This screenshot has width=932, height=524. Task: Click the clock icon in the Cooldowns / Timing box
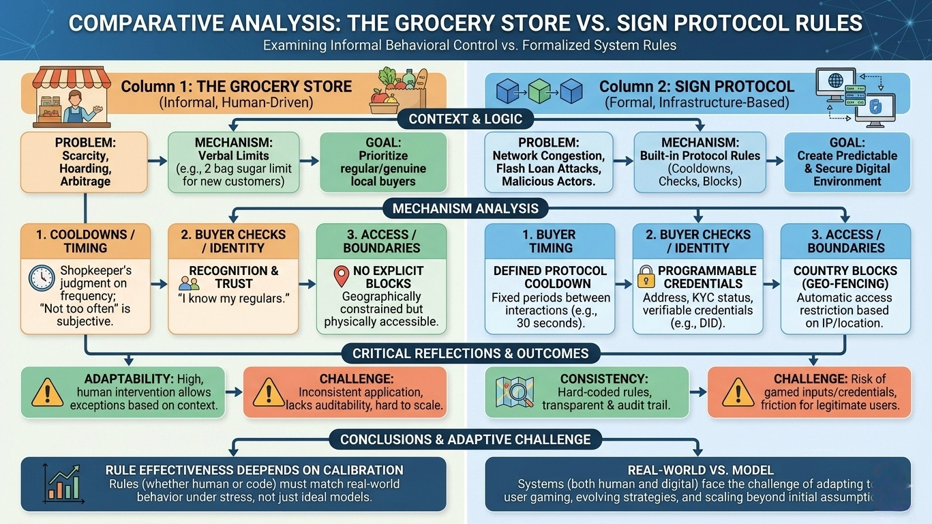(42, 278)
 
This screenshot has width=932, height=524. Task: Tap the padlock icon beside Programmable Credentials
(645, 276)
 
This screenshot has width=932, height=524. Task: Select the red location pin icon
(341, 276)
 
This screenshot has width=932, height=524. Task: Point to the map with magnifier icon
(511, 392)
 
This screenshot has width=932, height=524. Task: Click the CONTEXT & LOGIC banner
(466, 119)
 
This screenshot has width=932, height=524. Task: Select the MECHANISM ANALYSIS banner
(466, 208)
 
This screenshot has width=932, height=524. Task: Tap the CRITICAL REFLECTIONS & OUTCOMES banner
(470, 353)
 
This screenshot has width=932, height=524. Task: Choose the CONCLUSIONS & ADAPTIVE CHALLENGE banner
(466, 439)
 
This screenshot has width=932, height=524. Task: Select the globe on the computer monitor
(836, 81)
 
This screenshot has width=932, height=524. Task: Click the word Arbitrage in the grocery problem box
(85, 181)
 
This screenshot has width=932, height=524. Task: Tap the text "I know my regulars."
(232, 298)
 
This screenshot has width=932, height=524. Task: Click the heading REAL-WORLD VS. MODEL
(697, 470)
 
